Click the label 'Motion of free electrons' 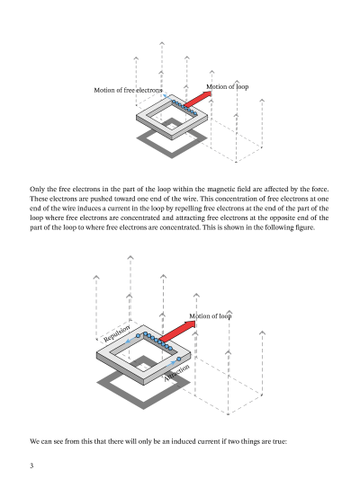click(128, 91)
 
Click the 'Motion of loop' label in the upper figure click(228, 87)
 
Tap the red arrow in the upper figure click(198, 99)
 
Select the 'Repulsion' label click(117, 333)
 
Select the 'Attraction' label click(176, 373)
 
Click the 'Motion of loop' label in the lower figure click(210, 316)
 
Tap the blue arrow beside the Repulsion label click(131, 340)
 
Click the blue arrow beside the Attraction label click(171, 364)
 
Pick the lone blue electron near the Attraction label click(179, 359)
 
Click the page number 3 click(31, 466)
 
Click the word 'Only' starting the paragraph click(37, 190)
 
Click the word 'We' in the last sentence click(34, 441)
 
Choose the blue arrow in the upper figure click(167, 97)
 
